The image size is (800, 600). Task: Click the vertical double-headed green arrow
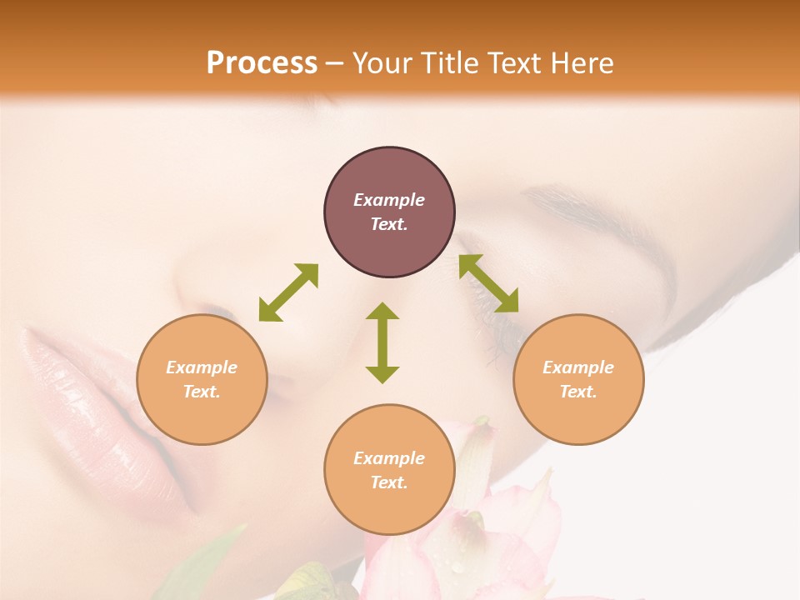tap(382, 342)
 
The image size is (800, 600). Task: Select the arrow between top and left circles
tap(288, 292)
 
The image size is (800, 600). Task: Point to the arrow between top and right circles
tap(488, 283)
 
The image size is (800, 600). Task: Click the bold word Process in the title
tap(262, 62)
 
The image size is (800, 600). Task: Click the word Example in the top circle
tap(389, 200)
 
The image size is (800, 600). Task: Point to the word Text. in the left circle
tap(202, 392)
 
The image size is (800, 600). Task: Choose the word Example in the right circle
tap(578, 367)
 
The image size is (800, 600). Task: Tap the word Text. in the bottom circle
tap(389, 482)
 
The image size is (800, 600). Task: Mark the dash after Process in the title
tap(334, 63)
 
